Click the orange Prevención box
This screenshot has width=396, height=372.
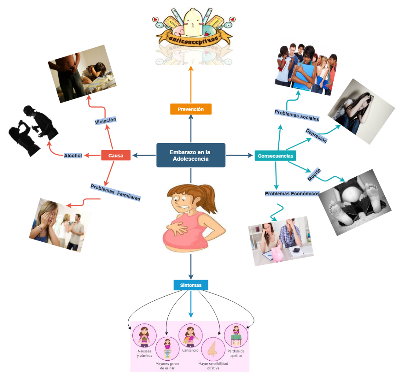coord(191,109)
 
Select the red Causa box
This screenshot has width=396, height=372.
coord(115,156)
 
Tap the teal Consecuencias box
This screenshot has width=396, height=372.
coord(275,156)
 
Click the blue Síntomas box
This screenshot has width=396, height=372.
coord(191,285)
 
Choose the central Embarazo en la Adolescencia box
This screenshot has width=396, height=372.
coord(191,155)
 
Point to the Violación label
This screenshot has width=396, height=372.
coord(105,120)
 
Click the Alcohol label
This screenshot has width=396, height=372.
coord(73,156)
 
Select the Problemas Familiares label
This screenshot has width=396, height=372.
coord(115,192)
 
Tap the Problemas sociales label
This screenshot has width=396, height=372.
coord(297,115)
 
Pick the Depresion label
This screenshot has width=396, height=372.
coord(316,135)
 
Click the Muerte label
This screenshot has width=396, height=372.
coord(314,174)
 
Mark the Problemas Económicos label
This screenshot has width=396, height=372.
coord(292,194)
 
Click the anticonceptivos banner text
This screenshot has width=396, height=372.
coord(193,37)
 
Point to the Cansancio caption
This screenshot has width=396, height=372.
coord(190,350)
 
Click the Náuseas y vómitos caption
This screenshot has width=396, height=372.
coord(144,353)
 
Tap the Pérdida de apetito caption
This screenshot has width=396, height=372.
coord(236,353)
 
